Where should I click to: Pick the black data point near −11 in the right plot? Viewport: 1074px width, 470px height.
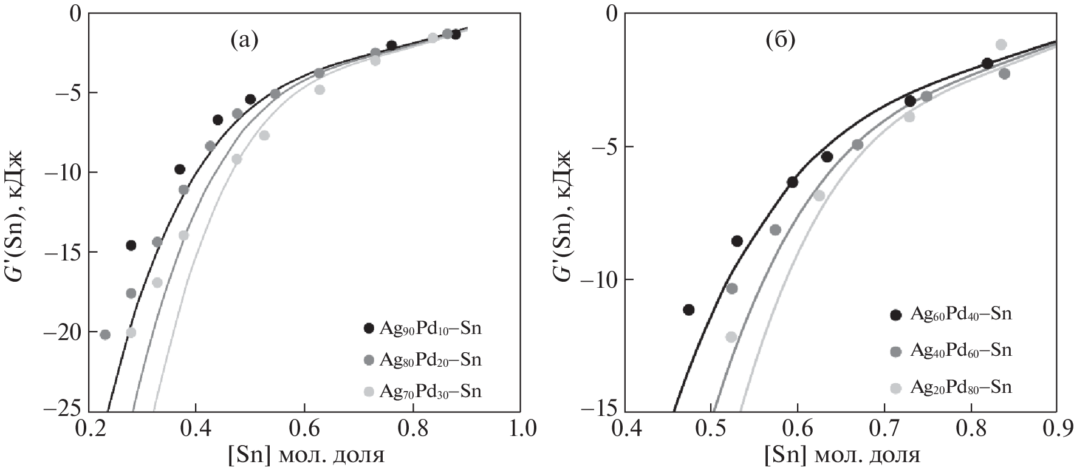pos(688,310)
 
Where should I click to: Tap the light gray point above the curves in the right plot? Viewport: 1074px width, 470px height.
pos(1001,44)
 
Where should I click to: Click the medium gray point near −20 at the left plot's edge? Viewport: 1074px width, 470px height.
pos(105,335)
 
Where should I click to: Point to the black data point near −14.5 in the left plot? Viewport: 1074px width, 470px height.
pos(131,245)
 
